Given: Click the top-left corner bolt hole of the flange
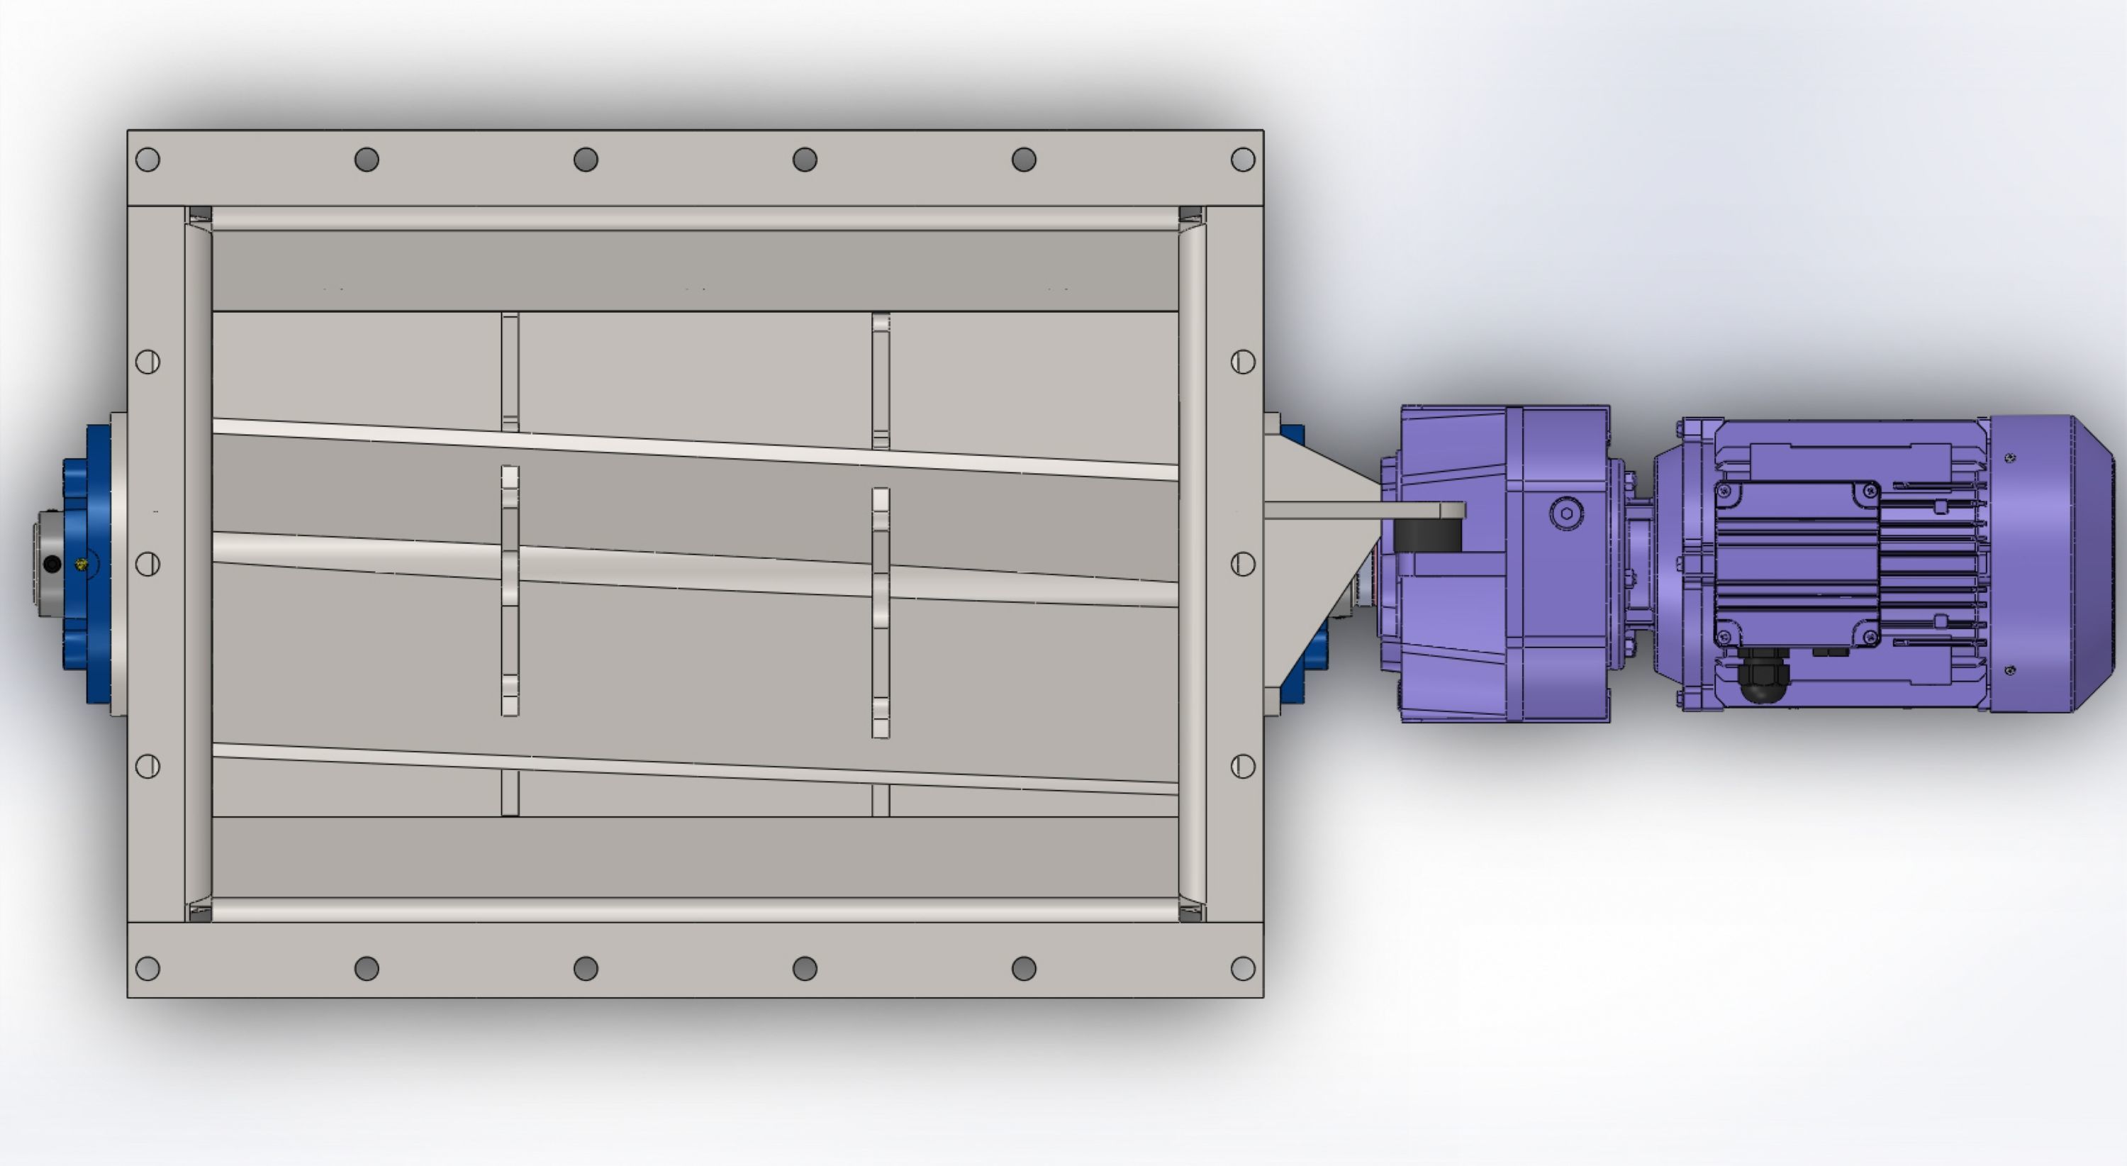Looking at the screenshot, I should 147,160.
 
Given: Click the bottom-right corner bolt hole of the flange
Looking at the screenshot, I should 1243,968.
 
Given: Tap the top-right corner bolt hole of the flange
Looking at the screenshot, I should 1243,160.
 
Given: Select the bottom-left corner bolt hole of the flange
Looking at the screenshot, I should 147,968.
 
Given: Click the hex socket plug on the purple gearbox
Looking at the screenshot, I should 1566,513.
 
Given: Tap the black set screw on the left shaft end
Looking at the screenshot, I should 52,564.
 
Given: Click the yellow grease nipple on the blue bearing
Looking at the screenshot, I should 81,564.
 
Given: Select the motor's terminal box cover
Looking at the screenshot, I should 1797,564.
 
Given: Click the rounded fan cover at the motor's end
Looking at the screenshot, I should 2052,564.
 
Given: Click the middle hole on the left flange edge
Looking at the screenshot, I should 147,564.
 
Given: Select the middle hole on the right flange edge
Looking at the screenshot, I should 1243,564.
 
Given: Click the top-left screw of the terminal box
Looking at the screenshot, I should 1725,493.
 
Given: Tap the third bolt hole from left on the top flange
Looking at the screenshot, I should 586,160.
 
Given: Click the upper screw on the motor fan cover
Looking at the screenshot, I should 2010,457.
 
